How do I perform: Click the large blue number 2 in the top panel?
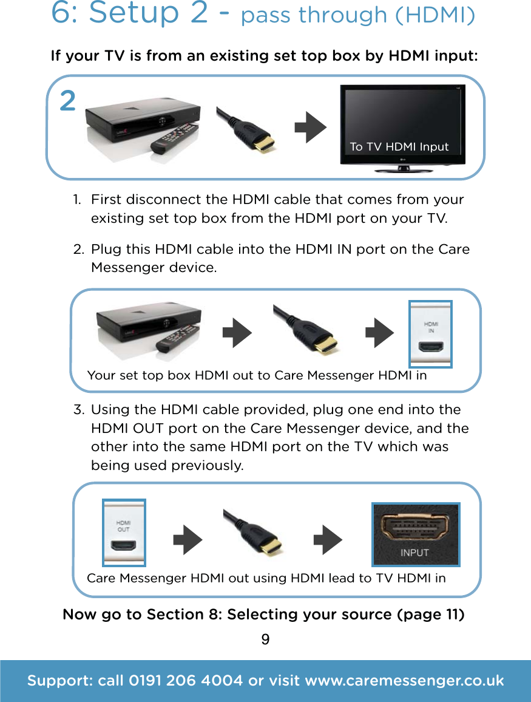click(68, 101)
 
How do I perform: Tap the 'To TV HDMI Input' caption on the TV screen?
click(399, 147)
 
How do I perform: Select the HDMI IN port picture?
click(430, 335)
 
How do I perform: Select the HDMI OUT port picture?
click(124, 533)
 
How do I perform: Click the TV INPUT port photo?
click(416, 535)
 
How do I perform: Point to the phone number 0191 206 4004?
click(186, 681)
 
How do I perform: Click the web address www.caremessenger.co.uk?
click(404, 681)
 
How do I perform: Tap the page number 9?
click(265, 640)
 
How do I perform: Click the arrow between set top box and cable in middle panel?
click(237, 333)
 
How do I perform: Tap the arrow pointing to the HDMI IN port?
click(380, 333)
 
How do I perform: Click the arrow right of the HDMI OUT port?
click(188, 540)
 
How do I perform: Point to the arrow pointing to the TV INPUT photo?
click(328, 540)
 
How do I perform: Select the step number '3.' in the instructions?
click(78, 410)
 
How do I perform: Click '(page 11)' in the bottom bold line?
click(430, 615)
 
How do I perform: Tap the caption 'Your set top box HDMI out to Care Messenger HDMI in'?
click(257, 375)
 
